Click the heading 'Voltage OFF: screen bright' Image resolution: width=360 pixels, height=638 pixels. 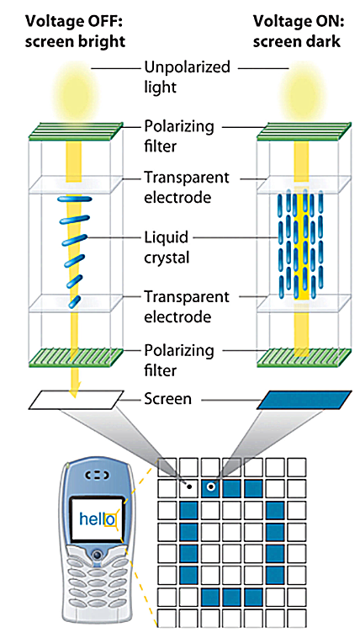pos(75,31)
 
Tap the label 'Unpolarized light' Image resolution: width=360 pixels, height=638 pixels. pos(187,77)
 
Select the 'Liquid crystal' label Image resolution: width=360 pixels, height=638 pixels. pos(167,247)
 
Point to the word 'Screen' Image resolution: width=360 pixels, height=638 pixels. pos(167,398)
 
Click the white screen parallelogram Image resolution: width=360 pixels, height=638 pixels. pos(76,400)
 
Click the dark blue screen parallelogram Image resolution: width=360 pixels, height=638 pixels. pos(304,400)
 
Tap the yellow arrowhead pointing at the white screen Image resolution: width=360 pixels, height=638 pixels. pos(74,390)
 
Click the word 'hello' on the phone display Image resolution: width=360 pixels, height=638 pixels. pos(98,518)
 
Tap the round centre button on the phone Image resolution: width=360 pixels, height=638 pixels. pos(97,554)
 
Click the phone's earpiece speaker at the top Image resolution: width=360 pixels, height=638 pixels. pos(97,475)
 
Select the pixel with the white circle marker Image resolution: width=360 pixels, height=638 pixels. pos(211,487)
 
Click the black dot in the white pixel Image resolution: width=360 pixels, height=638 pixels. pos(189,486)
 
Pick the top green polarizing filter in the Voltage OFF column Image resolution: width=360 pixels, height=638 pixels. pos(76,131)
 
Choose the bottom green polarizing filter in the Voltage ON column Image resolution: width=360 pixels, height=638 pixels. pos(304,356)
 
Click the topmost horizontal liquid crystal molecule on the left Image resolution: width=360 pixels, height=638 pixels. pos(75,199)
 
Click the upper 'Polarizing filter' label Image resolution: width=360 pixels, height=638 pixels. pos(179,136)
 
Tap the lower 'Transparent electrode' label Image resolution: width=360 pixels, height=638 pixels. pos(187,306)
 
